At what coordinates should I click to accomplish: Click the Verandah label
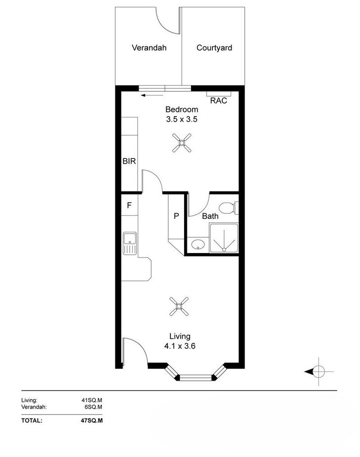pos(149,48)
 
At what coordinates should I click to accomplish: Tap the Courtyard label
pos(214,48)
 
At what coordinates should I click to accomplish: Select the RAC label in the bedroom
pos(219,101)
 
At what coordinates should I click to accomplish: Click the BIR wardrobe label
pos(129,161)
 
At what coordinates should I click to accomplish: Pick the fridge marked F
pos(129,205)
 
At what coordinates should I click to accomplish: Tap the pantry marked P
pos(176,216)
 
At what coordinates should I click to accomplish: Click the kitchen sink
pos(130,244)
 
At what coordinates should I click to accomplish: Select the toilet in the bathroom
pos(229,208)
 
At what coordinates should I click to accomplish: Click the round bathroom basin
pos(198,245)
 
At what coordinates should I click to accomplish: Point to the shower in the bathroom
pos(223,239)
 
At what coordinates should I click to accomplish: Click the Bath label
pos(210,216)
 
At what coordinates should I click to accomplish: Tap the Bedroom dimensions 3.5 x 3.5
pos(182,120)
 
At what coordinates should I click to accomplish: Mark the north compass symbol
pos(318,371)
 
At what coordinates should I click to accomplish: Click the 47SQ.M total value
pos(92,421)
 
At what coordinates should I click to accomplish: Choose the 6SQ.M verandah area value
pos(93,407)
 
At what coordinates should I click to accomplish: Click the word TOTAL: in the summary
pos(32,421)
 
